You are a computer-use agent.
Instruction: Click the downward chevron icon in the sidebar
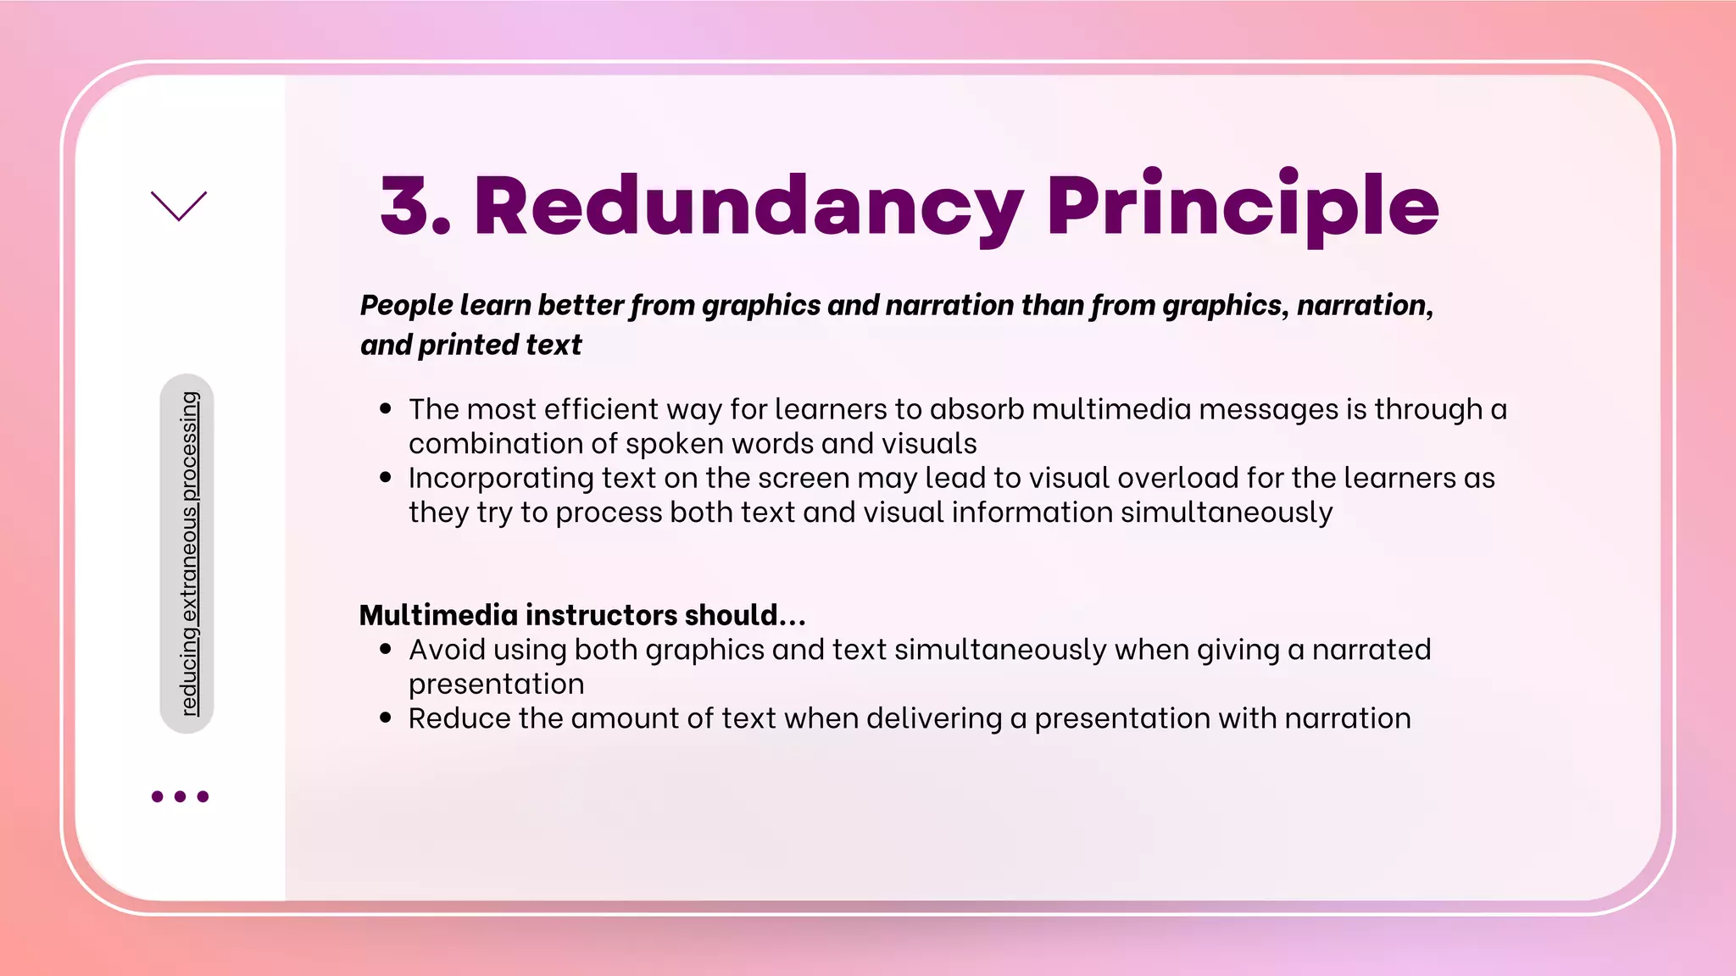(179, 206)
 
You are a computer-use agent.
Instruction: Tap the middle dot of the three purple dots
(180, 796)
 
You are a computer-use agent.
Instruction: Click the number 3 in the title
(405, 206)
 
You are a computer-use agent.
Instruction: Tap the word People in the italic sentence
(406, 305)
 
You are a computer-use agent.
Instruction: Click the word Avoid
(446, 650)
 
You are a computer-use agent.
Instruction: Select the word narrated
(1371, 650)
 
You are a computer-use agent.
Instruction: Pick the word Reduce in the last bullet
(459, 718)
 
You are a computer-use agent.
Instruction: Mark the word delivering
(933, 718)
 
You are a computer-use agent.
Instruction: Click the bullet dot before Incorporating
(386, 478)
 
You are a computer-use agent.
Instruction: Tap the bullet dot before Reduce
(386, 718)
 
